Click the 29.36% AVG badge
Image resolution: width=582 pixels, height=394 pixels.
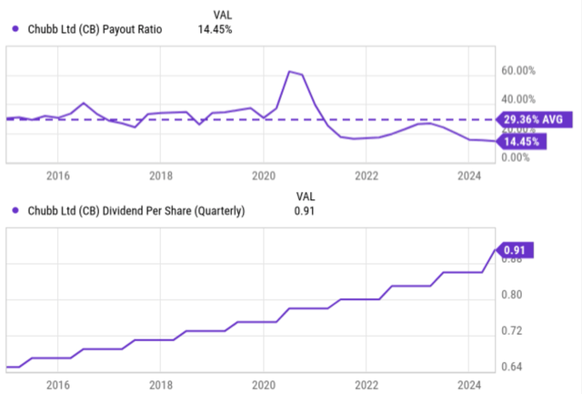click(x=534, y=119)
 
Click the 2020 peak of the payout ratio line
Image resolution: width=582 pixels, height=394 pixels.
click(x=289, y=71)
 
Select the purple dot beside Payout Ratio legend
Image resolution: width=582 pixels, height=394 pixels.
click(x=15, y=29)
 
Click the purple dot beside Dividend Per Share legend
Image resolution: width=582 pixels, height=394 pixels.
click(x=15, y=211)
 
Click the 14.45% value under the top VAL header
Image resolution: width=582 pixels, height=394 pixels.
click(x=215, y=29)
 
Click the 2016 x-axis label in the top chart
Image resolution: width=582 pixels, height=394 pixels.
click(x=58, y=175)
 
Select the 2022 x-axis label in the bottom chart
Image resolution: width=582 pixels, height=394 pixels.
click(x=366, y=385)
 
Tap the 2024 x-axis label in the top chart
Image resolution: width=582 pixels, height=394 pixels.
click(x=468, y=175)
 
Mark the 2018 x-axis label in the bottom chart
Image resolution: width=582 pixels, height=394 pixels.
click(x=161, y=385)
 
